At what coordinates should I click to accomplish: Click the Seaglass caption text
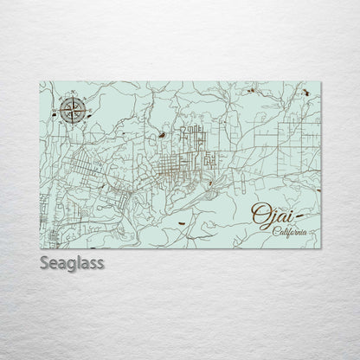click(71, 263)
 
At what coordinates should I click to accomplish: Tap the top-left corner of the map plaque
click(41, 81)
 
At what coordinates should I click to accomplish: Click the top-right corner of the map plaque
click(319, 81)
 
